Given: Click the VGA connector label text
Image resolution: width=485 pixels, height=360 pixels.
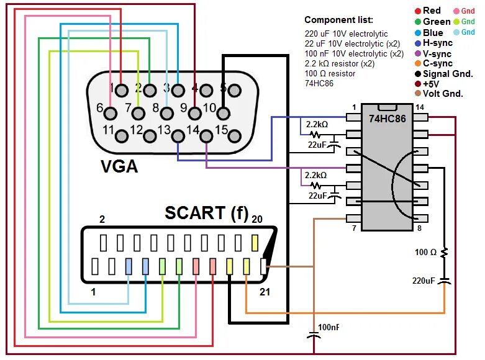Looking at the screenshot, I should (x=119, y=167).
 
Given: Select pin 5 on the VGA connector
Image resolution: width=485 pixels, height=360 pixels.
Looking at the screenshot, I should (x=234, y=89).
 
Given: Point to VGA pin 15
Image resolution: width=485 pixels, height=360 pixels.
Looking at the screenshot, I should (x=235, y=134).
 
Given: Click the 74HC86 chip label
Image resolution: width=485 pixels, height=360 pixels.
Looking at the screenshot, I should (x=388, y=118).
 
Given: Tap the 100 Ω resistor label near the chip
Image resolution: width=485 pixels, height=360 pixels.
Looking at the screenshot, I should (x=426, y=252).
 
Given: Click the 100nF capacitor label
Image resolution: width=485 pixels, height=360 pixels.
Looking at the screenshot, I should (x=329, y=327).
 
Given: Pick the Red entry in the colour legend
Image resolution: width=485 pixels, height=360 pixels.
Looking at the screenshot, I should (x=432, y=11).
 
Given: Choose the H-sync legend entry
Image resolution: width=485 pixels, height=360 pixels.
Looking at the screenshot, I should (x=437, y=43).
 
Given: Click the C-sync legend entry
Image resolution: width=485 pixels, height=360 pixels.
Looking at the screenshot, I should (x=437, y=63).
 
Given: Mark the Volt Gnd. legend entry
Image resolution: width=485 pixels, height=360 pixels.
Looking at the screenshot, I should (x=443, y=94).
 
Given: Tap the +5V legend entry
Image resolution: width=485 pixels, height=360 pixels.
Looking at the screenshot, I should (x=432, y=84).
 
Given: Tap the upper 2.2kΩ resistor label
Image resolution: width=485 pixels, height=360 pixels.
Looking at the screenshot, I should (x=315, y=124).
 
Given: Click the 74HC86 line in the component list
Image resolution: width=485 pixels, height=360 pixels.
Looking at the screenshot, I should (x=319, y=83).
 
